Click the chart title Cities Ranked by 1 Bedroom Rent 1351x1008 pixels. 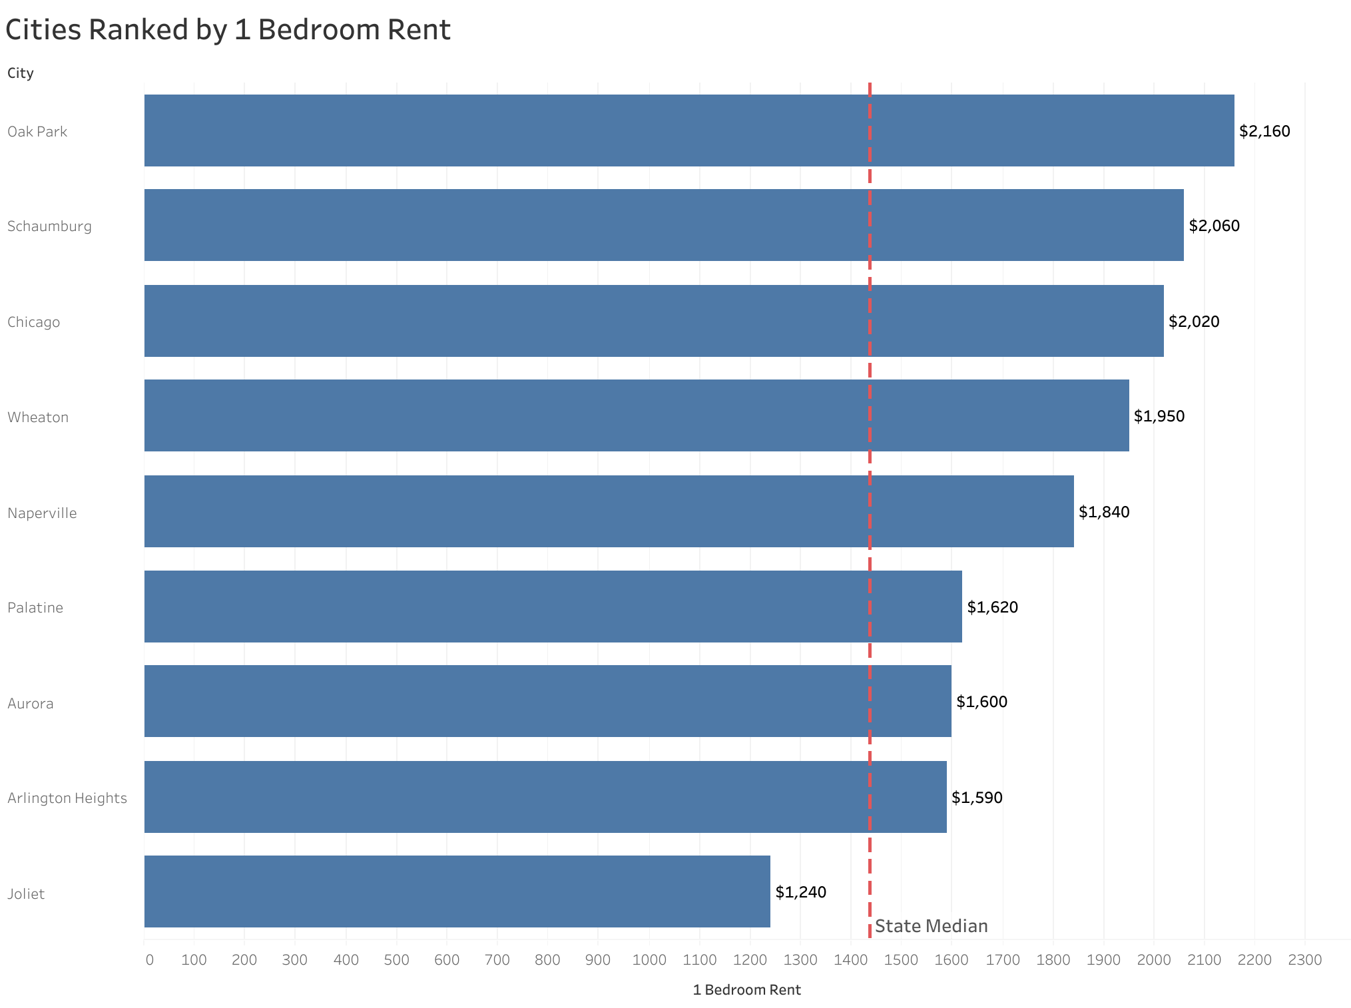tap(228, 30)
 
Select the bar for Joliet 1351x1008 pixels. tap(457, 891)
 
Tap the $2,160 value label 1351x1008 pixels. tap(1264, 131)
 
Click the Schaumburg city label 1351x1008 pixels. tap(49, 226)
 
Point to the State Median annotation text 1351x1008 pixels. tap(931, 926)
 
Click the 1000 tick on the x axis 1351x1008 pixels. tap(649, 959)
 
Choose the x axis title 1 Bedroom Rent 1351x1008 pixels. tap(746, 990)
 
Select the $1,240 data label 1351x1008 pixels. tap(800, 892)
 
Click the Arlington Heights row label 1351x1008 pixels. tap(67, 798)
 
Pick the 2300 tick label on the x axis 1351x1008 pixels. tap(1304, 959)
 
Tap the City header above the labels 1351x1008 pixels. tap(20, 73)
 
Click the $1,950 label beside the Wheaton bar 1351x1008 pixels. tap(1159, 416)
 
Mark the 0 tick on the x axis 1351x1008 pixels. tap(149, 959)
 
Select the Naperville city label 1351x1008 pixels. tap(42, 513)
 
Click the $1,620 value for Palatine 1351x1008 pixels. tap(992, 607)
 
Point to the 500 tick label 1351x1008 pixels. tap(396, 959)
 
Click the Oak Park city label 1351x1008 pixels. tap(37, 131)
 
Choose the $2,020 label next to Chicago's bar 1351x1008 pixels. tap(1193, 322)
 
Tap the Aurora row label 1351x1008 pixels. tap(30, 703)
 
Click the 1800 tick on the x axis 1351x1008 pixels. tap(1053, 959)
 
